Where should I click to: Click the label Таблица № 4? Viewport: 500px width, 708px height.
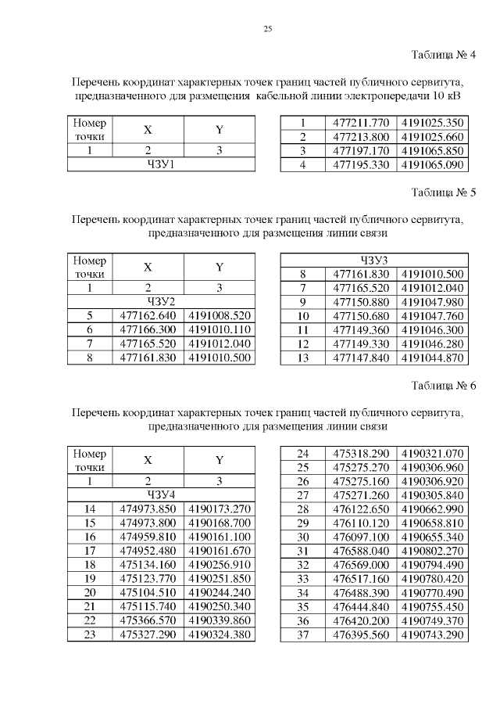tap(443, 55)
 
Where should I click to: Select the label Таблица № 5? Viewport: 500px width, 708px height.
tap(443, 192)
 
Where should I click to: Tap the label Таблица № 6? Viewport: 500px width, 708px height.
tap(443, 386)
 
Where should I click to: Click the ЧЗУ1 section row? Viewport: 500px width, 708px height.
tap(161, 164)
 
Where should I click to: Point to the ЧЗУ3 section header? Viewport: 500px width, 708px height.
tap(374, 260)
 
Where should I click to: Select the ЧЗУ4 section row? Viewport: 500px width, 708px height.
tap(161, 494)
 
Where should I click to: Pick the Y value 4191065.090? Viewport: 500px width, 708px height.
tap(432, 164)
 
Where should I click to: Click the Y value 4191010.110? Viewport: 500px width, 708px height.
tap(220, 329)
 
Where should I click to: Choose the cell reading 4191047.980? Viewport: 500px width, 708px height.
tap(432, 301)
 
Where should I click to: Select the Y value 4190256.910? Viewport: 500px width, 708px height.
tap(220, 565)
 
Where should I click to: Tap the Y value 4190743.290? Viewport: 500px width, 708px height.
tap(432, 634)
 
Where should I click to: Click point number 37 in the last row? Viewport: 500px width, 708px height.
tap(302, 634)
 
